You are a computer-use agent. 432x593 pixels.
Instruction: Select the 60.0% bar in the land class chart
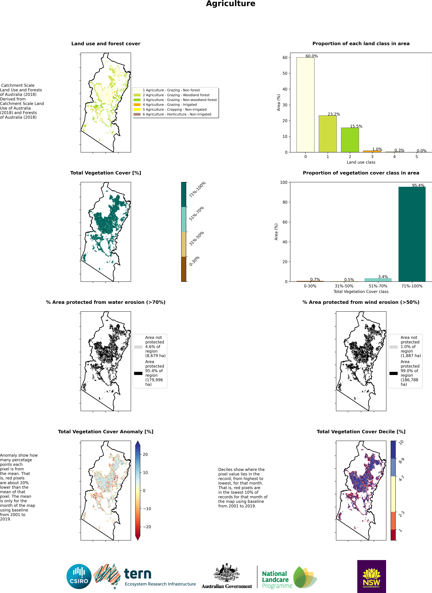point(305,105)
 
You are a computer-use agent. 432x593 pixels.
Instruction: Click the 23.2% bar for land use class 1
point(328,134)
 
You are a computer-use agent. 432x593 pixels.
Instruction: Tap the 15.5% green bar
point(350,140)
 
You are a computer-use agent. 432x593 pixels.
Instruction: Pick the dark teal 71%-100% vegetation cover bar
point(412,234)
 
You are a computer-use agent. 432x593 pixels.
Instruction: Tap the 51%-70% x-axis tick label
point(378,286)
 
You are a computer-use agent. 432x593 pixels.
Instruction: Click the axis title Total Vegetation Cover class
point(361,292)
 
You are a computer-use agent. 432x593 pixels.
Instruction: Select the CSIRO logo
point(79,576)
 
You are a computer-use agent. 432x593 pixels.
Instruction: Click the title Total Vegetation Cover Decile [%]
point(361,432)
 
